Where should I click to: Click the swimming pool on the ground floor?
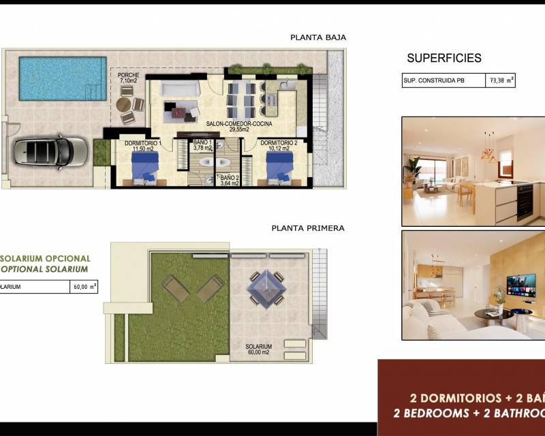63,78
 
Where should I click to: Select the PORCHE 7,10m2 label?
128,78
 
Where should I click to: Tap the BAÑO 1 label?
202,145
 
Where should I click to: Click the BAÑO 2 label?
230,180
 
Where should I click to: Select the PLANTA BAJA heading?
318,38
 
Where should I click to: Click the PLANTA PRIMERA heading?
308,228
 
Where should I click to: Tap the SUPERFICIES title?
444,59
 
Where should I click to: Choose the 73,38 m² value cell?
499,81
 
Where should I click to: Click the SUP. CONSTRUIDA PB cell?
442,81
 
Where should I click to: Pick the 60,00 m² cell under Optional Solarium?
84,287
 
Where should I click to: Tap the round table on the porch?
123,105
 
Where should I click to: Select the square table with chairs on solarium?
266,288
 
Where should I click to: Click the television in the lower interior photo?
520,285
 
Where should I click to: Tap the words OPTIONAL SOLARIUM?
45,269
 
